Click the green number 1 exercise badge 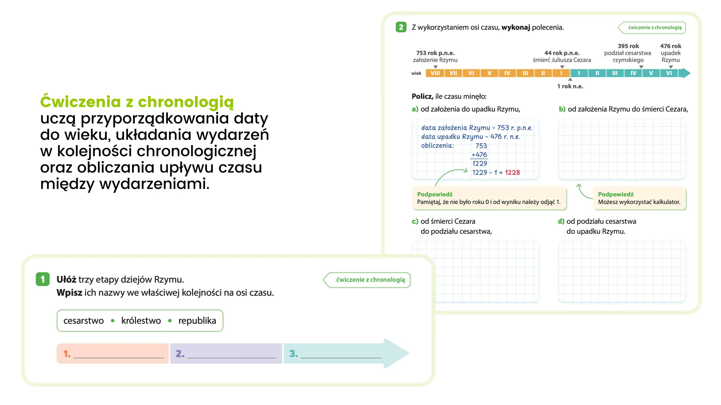click(x=42, y=279)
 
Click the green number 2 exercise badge click(x=401, y=27)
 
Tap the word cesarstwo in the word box click(x=83, y=321)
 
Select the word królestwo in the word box click(x=141, y=321)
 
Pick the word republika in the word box click(x=197, y=321)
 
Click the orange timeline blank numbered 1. click(x=113, y=354)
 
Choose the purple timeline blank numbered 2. click(x=226, y=354)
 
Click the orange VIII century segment click(x=435, y=73)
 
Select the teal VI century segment click(x=669, y=73)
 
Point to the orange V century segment click(x=489, y=73)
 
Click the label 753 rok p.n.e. click(x=435, y=53)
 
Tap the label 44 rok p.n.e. click(x=562, y=53)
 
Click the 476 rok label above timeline click(x=671, y=46)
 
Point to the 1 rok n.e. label click(x=570, y=86)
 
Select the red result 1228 click(x=512, y=172)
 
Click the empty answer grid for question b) click(x=622, y=149)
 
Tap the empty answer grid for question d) click(x=622, y=272)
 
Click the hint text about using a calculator click(x=639, y=202)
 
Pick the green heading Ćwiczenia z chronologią click(x=137, y=102)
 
